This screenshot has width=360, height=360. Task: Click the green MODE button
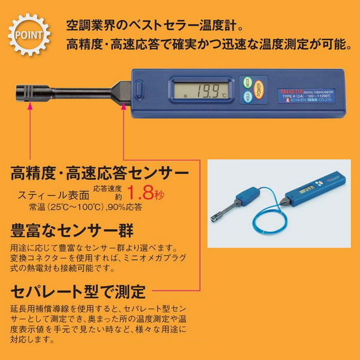tap(247, 82)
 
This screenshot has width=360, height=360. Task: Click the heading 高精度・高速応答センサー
tap(100, 174)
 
